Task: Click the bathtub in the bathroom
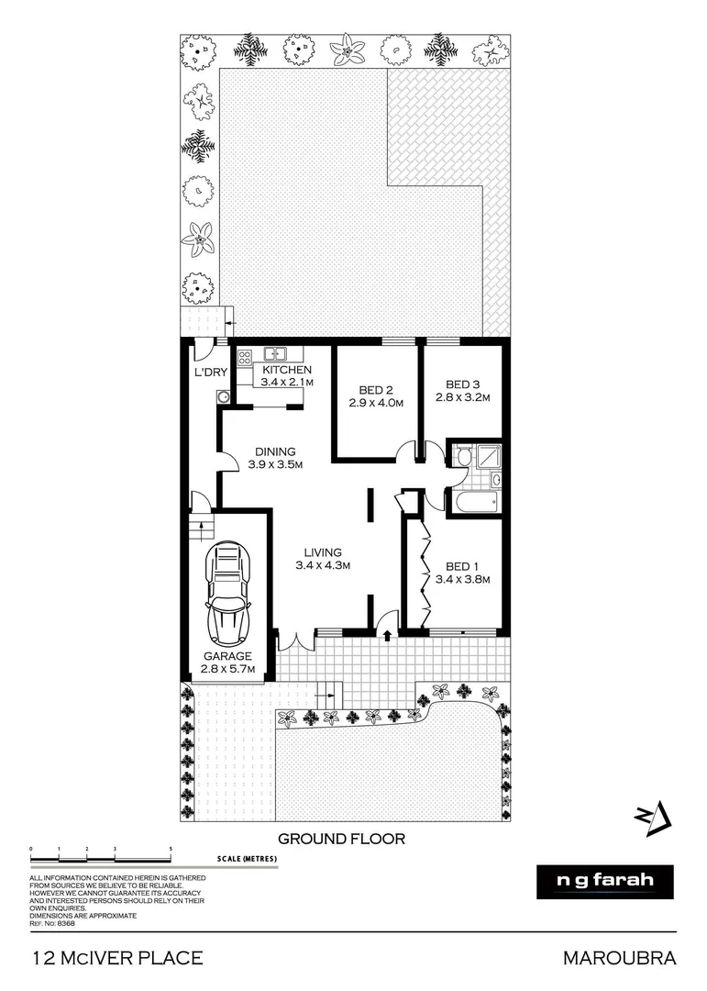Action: point(472,501)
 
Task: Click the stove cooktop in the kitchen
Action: point(245,359)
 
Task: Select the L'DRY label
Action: point(210,373)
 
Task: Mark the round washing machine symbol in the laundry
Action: point(222,396)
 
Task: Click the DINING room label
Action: point(275,451)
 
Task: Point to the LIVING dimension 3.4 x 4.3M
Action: point(318,566)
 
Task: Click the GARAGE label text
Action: point(227,656)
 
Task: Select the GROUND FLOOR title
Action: point(340,838)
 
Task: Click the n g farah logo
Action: point(604,881)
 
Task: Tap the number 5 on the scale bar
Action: point(171,850)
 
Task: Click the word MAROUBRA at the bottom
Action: point(619,958)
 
